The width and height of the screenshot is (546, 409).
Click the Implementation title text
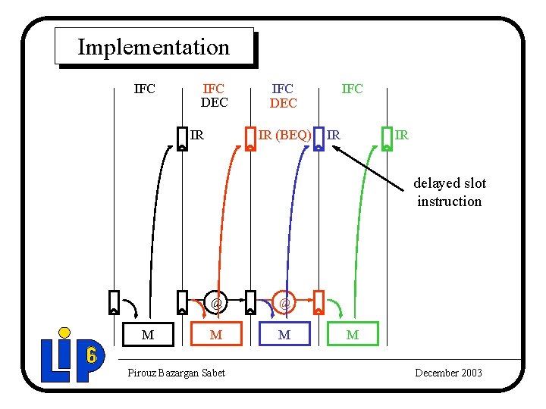click(x=153, y=47)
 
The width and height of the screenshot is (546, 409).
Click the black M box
click(x=148, y=334)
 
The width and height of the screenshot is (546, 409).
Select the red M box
click(x=216, y=334)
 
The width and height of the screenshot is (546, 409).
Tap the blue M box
click(x=284, y=334)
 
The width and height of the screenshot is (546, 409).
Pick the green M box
click(x=352, y=334)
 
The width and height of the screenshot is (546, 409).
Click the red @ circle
click(x=216, y=304)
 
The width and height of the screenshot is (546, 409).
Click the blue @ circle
click(x=284, y=304)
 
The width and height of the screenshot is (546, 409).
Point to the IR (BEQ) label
click(x=284, y=136)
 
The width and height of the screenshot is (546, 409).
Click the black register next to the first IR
click(x=182, y=139)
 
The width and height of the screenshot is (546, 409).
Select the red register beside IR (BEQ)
click(x=250, y=139)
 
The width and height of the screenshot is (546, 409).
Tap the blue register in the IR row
click(x=318, y=139)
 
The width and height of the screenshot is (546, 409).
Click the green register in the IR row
click(x=387, y=139)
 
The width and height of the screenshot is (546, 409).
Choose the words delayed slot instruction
click(x=450, y=192)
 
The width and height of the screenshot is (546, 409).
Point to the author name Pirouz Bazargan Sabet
click(x=177, y=373)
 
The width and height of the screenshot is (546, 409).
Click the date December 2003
click(x=448, y=373)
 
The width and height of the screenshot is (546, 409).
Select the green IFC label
click(x=352, y=89)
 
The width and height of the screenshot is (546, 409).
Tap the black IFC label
click(x=144, y=89)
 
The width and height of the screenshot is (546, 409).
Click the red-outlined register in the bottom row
click(x=318, y=302)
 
